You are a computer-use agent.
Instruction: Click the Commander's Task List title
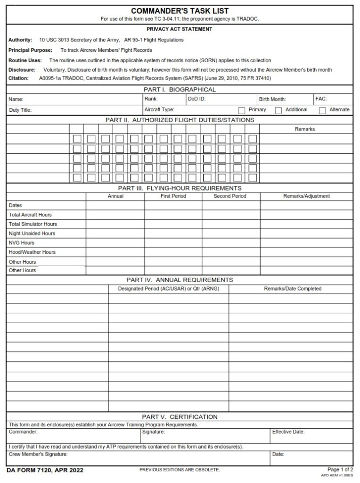[x=180, y=11]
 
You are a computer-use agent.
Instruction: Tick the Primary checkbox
[x=242, y=110]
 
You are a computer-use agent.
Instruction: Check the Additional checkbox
[x=278, y=110]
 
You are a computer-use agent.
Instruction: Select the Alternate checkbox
[x=322, y=110]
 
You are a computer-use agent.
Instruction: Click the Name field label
[x=16, y=100]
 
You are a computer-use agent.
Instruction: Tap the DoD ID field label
[x=196, y=99]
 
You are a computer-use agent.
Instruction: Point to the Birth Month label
[x=272, y=100]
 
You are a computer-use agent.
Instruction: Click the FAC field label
[x=321, y=99]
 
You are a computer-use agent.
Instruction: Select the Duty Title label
[x=20, y=110]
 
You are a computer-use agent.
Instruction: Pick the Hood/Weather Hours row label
[x=32, y=252]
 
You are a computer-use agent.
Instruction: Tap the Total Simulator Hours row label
[x=33, y=224]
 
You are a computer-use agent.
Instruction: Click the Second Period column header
[x=230, y=196]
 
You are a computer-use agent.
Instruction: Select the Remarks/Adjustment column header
[x=306, y=196]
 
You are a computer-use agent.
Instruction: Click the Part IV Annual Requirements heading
[x=180, y=280]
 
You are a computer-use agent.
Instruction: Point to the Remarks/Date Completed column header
[x=293, y=289]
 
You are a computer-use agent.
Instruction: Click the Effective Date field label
[x=288, y=432]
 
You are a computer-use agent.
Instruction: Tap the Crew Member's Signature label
[x=38, y=454]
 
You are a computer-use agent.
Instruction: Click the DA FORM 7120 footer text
[x=39, y=470]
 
